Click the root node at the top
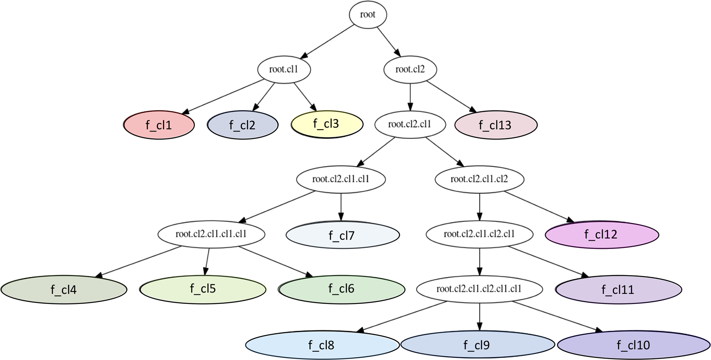(x=368, y=15)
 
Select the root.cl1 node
(x=284, y=69)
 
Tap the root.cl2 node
(x=410, y=69)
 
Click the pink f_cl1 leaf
(x=159, y=125)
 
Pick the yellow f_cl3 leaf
(x=327, y=124)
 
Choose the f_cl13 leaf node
(x=496, y=125)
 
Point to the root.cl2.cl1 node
(x=410, y=124)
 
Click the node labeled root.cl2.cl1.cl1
(x=341, y=179)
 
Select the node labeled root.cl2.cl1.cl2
(x=480, y=179)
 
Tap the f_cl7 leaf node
(x=343, y=235)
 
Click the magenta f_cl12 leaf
(x=602, y=234)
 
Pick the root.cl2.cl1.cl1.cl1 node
(x=211, y=234)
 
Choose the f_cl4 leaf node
(x=64, y=290)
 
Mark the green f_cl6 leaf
(x=342, y=289)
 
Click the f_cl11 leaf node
(x=618, y=290)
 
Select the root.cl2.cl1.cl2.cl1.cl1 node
(x=479, y=289)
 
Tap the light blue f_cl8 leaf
(x=322, y=345)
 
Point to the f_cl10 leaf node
(x=634, y=345)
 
